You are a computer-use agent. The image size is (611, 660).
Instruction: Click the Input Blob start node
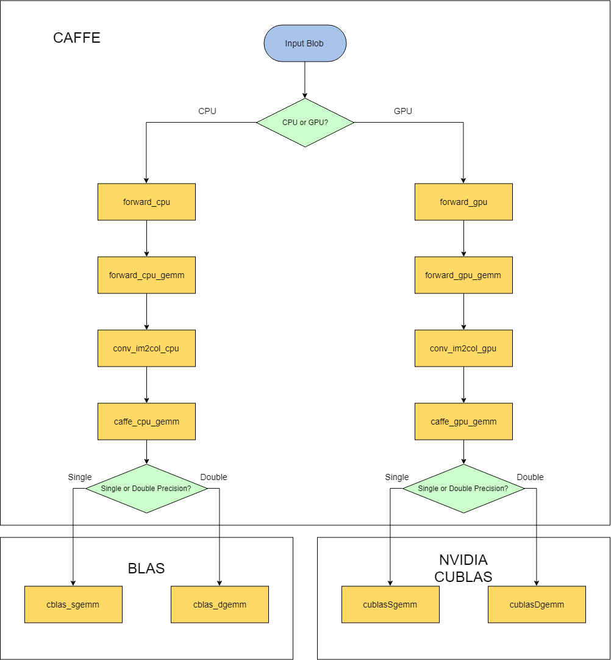click(x=305, y=43)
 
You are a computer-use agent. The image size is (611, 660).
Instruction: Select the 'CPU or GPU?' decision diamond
click(x=305, y=123)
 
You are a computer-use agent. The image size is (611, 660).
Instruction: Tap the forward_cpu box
click(x=146, y=202)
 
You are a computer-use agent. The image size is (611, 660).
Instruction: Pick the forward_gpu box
click(x=463, y=202)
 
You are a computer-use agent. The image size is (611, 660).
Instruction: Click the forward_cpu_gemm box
click(x=146, y=275)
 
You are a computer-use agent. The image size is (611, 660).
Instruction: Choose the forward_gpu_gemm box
click(x=463, y=275)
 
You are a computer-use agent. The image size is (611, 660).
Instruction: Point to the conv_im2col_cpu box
click(x=146, y=348)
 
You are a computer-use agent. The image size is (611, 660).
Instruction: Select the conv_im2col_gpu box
click(x=463, y=348)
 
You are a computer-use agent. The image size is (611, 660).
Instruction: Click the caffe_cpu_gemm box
click(x=146, y=421)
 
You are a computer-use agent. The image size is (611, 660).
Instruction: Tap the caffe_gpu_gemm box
click(x=463, y=421)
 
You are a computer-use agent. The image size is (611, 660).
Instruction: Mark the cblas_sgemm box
click(x=73, y=604)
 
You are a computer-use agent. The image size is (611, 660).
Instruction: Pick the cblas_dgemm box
click(x=220, y=604)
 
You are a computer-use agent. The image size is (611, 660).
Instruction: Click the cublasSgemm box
click(x=390, y=604)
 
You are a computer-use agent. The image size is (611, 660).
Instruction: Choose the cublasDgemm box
click(x=537, y=604)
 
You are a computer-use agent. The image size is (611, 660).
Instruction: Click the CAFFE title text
click(x=77, y=38)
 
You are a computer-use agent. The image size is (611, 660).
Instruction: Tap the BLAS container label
click(x=146, y=569)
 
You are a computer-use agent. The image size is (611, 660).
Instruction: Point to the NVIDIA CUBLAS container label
click(x=463, y=568)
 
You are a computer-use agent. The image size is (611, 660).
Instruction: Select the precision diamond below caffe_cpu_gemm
click(x=146, y=489)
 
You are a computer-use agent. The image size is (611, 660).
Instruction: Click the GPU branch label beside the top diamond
click(x=403, y=111)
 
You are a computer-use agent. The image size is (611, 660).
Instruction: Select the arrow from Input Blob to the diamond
click(x=305, y=79)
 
